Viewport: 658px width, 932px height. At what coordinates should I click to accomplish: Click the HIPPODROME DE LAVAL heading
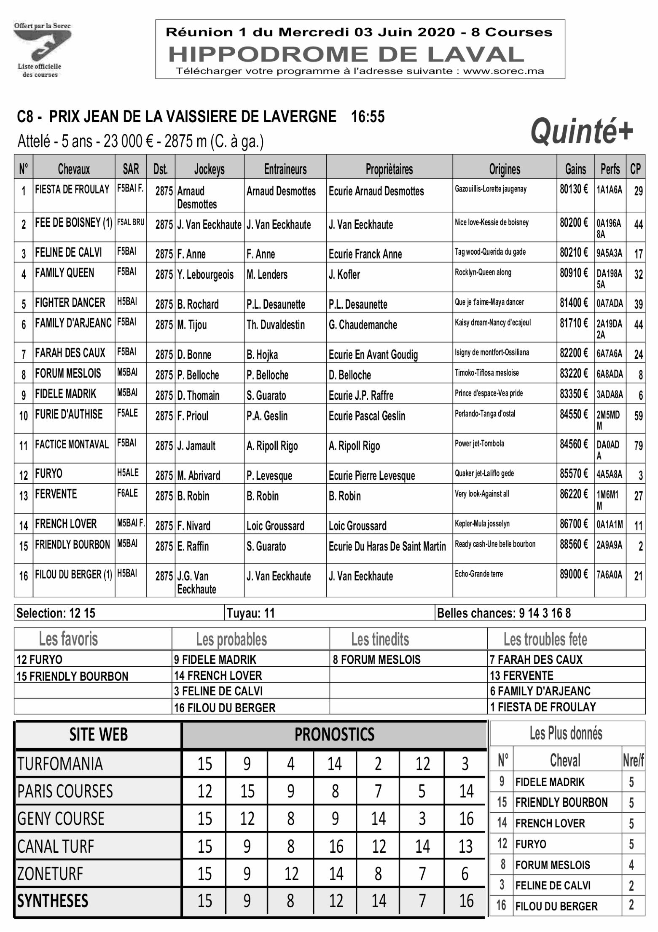pyautogui.click(x=346, y=54)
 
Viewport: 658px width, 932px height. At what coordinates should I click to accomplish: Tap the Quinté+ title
pyautogui.click(x=582, y=131)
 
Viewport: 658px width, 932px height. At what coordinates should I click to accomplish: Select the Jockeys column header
pyautogui.click(x=209, y=169)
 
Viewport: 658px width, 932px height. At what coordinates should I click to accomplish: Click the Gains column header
pyautogui.click(x=575, y=169)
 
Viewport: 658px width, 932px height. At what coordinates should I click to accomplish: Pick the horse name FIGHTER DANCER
pyautogui.click(x=70, y=303)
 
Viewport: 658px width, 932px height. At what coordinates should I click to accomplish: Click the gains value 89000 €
pyautogui.click(x=574, y=574)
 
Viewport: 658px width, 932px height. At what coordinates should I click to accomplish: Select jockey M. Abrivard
pyautogui.click(x=199, y=475)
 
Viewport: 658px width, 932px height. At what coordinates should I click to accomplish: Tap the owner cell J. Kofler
pyautogui.click(x=344, y=275)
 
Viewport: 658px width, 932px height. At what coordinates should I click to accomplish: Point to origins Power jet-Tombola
pyautogui.click(x=479, y=444)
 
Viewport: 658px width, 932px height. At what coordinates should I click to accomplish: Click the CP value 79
pyautogui.click(x=638, y=446)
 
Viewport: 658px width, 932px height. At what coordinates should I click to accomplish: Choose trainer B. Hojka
pyautogui.click(x=262, y=354)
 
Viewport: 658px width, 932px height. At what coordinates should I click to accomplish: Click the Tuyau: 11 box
pyautogui.click(x=251, y=613)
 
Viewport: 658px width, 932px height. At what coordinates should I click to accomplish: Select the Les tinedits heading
pyautogui.click(x=380, y=639)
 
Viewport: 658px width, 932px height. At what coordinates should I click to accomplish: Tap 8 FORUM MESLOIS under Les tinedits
pyautogui.click(x=376, y=660)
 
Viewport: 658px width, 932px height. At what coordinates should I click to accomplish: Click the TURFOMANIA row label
pyautogui.click(x=60, y=764)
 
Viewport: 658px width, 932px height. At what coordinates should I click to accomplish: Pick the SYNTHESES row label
pyautogui.click(x=53, y=900)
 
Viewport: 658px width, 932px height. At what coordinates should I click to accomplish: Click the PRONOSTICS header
pyautogui.click(x=334, y=734)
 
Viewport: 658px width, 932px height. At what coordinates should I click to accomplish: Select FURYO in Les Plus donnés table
pyautogui.click(x=531, y=844)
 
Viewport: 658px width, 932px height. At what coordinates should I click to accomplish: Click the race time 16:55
pyautogui.click(x=368, y=117)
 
